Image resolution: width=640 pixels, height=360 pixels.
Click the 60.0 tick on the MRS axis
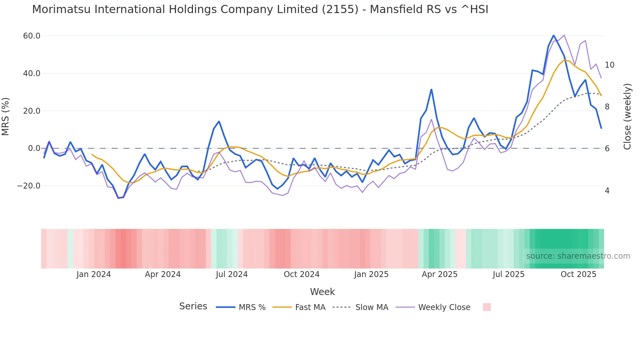coord(31,36)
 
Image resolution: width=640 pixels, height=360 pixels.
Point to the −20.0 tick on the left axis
coord(29,186)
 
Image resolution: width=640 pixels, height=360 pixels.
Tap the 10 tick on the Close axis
coord(609,65)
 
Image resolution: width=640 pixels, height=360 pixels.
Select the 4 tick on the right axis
coord(607,191)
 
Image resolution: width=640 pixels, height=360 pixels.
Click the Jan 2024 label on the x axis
coord(94,274)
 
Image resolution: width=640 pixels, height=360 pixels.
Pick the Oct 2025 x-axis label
coord(578,274)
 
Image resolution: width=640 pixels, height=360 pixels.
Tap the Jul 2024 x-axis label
coord(232,274)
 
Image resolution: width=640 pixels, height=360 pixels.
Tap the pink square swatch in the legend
coord(487,307)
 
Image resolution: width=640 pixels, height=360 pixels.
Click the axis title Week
coord(322,292)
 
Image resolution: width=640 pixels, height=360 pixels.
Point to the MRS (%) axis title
coord(6,117)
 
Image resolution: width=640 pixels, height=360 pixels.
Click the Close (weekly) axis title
coord(627,117)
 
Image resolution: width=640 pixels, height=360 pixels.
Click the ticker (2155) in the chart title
coord(340,9)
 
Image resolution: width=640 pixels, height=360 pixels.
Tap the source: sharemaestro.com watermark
coord(578,256)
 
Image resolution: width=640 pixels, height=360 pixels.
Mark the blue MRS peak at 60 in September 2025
coord(553,35)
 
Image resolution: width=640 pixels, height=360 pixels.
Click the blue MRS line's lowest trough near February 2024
coord(119,198)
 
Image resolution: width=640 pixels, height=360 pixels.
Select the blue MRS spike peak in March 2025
coord(431,89)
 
